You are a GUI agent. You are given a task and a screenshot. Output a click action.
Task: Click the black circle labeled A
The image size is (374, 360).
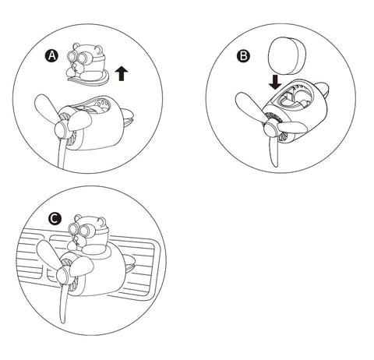[51, 56]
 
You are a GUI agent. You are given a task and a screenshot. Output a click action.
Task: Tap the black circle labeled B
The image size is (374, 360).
[243, 55]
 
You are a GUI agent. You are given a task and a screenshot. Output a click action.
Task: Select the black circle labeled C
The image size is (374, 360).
[55, 219]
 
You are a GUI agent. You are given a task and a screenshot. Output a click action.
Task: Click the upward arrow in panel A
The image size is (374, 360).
[122, 73]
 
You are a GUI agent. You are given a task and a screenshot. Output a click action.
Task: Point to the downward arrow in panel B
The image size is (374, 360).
[275, 83]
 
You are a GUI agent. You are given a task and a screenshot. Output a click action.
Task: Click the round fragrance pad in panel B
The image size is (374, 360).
[287, 55]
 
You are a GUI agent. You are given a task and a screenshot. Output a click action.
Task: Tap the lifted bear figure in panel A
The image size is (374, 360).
[86, 64]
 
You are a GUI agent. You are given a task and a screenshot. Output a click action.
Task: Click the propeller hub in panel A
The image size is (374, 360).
[62, 129]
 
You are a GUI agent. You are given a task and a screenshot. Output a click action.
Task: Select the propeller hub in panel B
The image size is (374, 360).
[270, 129]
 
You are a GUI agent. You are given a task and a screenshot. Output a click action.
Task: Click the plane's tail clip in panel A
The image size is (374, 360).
[128, 117]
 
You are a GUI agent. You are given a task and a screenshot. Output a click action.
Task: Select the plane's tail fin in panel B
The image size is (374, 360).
[321, 90]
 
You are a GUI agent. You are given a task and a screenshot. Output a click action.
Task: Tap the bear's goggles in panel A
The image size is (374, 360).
[79, 57]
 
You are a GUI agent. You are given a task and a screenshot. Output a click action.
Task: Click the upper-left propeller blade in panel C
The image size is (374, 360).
[48, 253]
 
